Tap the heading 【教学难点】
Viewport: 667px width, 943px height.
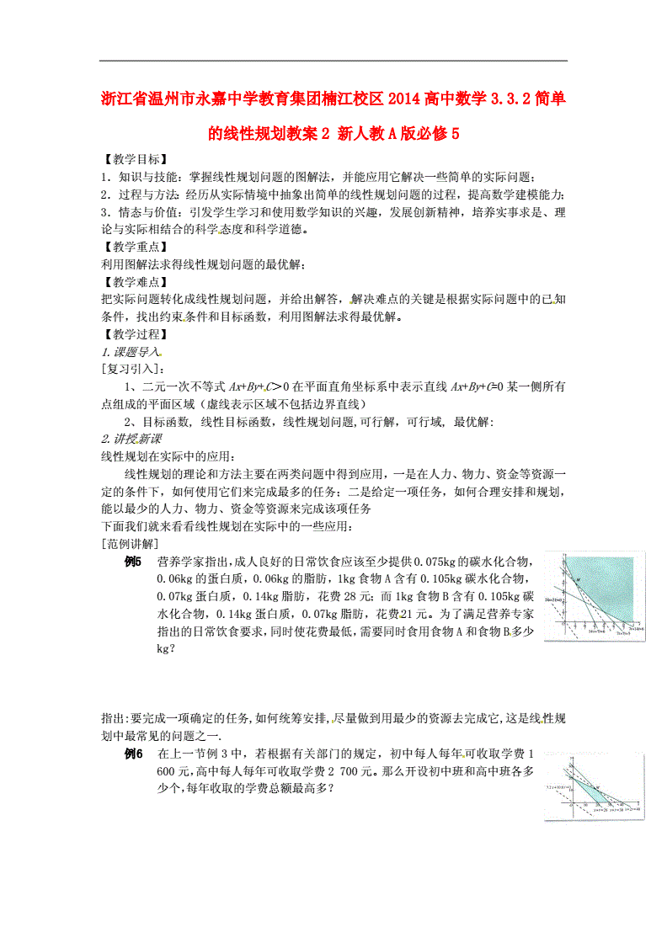click(133, 282)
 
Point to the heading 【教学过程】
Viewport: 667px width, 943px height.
click(133, 334)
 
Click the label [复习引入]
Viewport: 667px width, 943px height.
click(133, 369)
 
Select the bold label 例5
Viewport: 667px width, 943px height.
click(134, 562)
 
